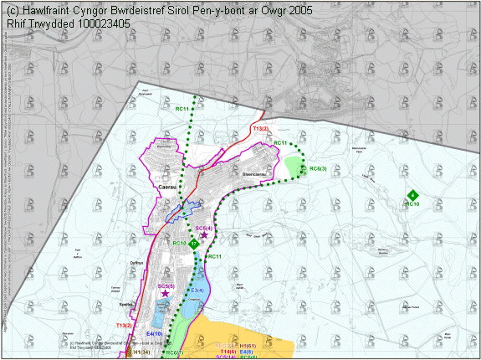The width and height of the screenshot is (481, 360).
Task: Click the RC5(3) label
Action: point(318,169)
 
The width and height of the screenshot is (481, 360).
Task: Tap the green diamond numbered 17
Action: point(194,244)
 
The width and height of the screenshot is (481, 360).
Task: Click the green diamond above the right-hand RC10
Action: point(412,195)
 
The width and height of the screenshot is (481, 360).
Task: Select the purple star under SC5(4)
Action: point(204,236)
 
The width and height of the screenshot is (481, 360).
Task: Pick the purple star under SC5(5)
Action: point(165,294)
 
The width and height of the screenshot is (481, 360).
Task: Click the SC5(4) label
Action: point(204,228)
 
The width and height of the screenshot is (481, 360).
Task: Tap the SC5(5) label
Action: point(166,286)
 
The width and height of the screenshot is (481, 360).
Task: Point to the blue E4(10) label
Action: point(153,334)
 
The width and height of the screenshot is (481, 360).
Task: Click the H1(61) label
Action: point(247,346)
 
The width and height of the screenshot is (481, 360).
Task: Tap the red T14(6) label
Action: point(228,352)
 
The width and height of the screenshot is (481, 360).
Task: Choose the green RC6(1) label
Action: point(174,352)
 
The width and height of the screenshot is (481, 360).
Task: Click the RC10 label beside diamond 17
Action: point(178,243)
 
